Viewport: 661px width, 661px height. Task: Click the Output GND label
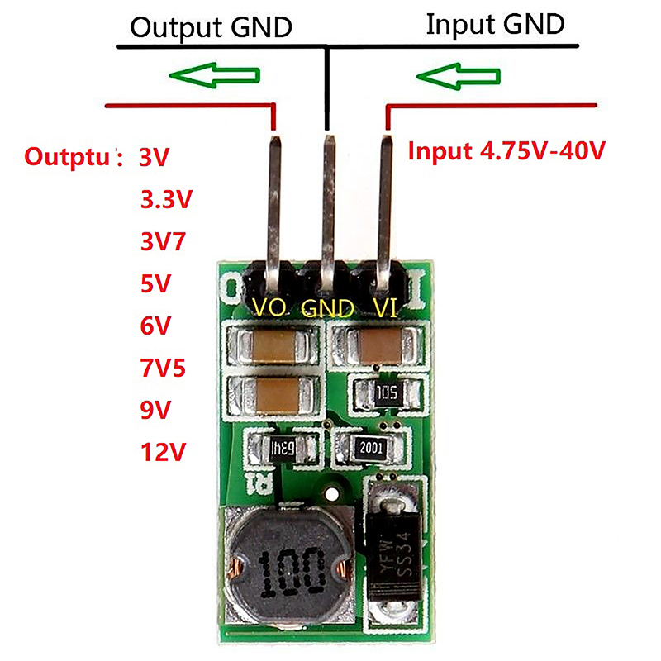click(212, 27)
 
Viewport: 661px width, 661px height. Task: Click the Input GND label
click(495, 24)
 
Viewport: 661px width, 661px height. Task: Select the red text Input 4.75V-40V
click(507, 151)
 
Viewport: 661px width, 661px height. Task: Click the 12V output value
click(164, 452)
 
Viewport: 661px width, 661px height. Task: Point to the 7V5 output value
click(164, 368)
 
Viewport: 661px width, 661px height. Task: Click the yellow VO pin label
click(270, 308)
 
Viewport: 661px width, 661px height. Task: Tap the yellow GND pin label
click(327, 308)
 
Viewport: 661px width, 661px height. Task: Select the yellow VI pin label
click(386, 308)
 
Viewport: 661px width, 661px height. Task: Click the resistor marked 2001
click(371, 448)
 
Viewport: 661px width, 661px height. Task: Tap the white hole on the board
click(332, 495)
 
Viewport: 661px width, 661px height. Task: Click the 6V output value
click(155, 326)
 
